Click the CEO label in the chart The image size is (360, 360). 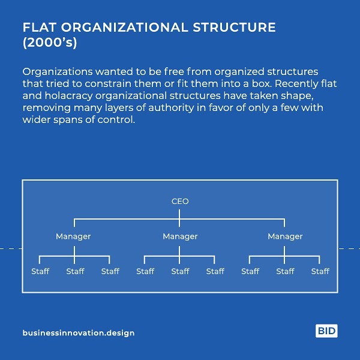[180, 202]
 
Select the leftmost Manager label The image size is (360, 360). [73, 236]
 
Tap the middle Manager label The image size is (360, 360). [180, 236]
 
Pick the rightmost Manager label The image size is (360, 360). [285, 236]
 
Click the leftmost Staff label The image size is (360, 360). [40, 271]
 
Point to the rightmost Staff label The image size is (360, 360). [320, 271]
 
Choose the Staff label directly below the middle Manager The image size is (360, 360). [180, 271]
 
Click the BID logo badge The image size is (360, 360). [326, 331]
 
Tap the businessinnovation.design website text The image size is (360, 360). [79, 333]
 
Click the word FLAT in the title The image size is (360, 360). [40, 28]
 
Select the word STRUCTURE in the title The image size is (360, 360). [234, 28]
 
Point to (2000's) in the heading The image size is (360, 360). [50, 43]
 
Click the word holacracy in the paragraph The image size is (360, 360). [68, 96]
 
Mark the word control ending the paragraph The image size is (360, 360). [116, 119]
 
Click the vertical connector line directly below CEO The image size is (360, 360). [179, 218]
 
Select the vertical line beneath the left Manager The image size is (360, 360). [74, 255]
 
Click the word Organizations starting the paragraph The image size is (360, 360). [58, 72]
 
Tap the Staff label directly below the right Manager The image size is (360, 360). [285, 271]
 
